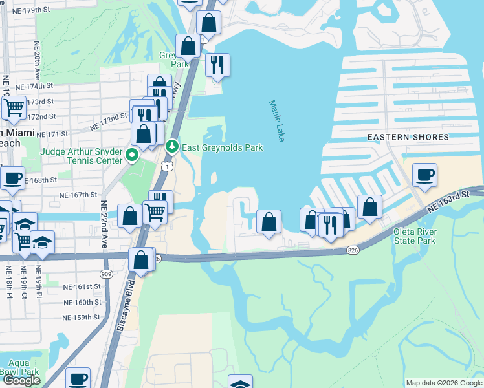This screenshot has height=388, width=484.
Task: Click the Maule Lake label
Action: click(276, 121)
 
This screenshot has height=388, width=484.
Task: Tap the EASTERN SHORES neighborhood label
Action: click(408, 137)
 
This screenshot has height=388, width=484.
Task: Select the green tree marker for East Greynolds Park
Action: click(171, 147)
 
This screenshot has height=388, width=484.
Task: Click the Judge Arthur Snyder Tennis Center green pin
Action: click(132, 155)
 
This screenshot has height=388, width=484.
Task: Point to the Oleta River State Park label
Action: click(415, 237)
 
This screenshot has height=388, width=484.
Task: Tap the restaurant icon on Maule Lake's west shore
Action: click(217, 64)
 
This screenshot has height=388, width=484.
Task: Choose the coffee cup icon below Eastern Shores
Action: click(424, 175)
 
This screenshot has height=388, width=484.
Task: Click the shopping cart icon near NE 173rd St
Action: click(14, 107)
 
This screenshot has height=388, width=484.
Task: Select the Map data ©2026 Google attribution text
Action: click(443, 383)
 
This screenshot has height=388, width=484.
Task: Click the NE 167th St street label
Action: click(77, 194)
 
